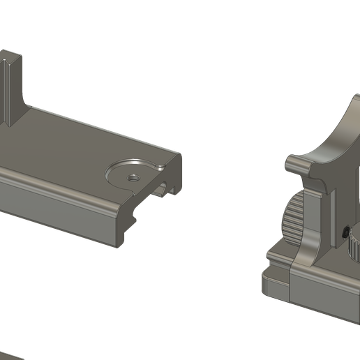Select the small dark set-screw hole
click(347, 230)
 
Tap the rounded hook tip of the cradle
click(294, 165)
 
